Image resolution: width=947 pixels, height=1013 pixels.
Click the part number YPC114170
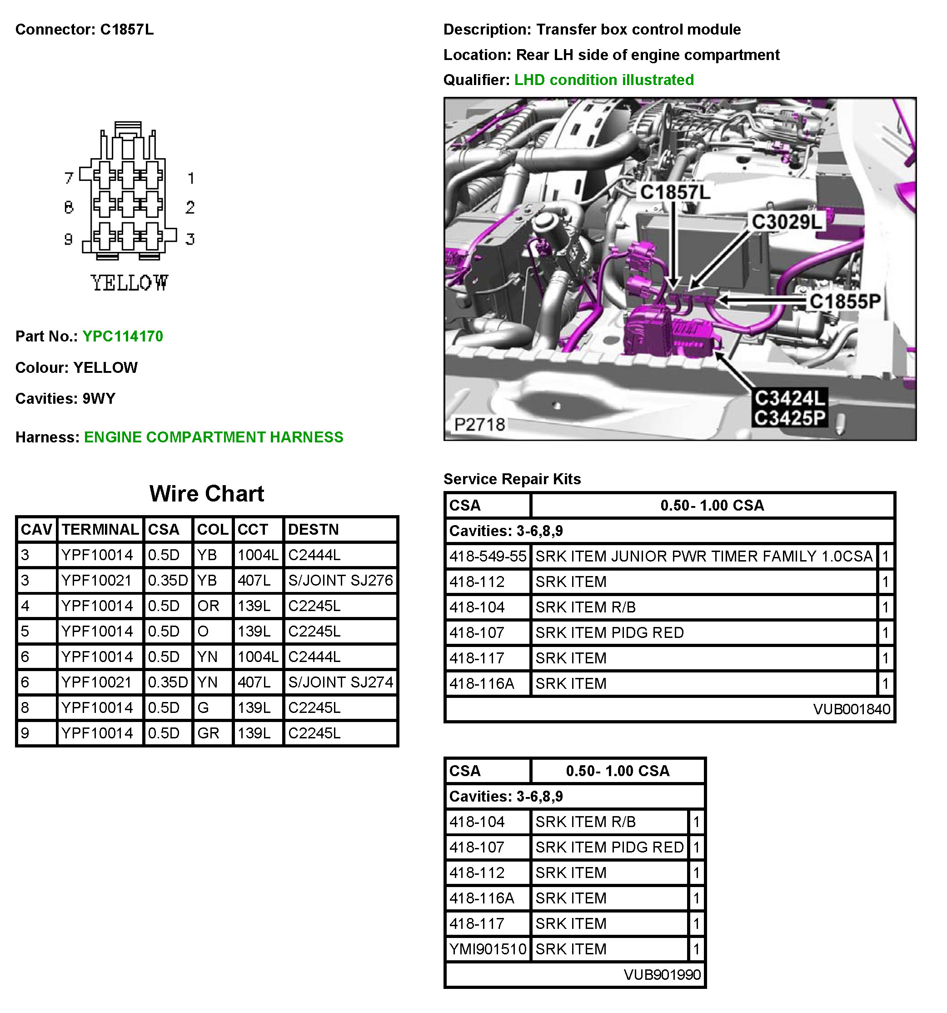click(x=123, y=336)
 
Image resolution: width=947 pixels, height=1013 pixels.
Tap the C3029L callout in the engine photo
click(x=787, y=222)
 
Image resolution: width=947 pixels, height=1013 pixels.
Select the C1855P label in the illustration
click(x=845, y=301)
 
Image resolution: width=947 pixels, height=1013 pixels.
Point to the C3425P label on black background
click(x=789, y=418)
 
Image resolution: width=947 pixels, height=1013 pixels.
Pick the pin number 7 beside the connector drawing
click(x=69, y=178)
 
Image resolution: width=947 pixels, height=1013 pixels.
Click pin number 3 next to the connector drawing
click(x=190, y=239)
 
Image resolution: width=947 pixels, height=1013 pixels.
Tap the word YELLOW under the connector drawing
click(x=130, y=283)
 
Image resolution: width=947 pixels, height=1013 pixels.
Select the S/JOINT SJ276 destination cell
click(x=340, y=581)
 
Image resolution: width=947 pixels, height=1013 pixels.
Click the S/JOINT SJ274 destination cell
click(x=340, y=682)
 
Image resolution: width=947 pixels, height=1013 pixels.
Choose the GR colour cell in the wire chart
click(x=208, y=733)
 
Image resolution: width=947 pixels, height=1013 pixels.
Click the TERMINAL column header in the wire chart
click(x=100, y=529)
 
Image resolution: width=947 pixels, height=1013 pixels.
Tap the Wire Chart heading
click(x=207, y=493)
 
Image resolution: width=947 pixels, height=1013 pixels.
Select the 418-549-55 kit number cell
click(x=487, y=556)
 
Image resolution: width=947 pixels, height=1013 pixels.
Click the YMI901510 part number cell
click(x=487, y=949)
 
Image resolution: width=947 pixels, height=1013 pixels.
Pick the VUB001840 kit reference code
click(x=851, y=709)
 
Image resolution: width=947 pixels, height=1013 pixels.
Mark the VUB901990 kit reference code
click(x=662, y=974)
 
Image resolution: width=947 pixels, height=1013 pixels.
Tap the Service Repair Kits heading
click(x=512, y=479)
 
